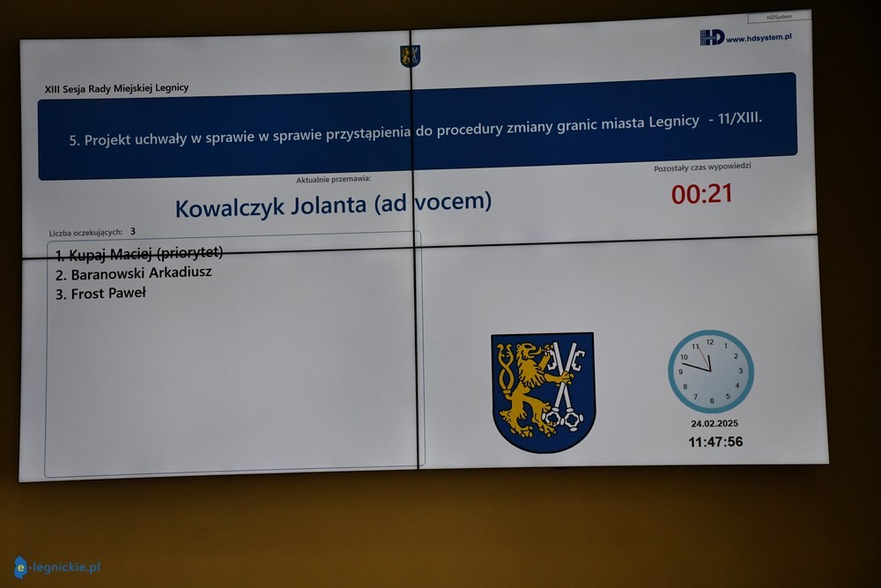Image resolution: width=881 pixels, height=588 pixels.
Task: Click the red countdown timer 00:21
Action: pos(702,194)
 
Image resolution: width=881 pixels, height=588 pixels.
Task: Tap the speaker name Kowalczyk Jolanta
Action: pos(270,206)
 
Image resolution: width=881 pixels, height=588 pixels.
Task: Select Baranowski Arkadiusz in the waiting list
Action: pos(134,274)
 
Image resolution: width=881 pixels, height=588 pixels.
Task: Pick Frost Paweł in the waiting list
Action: pos(100,294)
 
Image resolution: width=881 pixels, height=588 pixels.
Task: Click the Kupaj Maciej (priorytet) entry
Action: pos(139,254)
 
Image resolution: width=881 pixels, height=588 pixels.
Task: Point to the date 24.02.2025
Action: pos(714,423)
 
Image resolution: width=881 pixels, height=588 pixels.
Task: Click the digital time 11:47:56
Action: pos(715,442)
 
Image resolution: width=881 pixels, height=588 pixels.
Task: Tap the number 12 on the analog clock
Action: pos(710,342)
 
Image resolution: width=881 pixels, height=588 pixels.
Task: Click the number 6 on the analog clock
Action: pos(712,401)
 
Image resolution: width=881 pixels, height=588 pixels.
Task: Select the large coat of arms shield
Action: pos(543,391)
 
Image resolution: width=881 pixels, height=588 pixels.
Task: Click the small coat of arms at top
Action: pos(411,56)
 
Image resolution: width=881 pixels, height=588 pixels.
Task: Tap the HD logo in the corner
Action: pos(712,38)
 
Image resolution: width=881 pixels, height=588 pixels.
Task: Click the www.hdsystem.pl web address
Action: pos(759,38)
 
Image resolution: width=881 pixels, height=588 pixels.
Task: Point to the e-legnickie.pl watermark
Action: pos(56,567)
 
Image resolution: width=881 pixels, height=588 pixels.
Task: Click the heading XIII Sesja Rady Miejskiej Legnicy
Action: pos(117,88)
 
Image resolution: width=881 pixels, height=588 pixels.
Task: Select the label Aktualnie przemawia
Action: pos(334,179)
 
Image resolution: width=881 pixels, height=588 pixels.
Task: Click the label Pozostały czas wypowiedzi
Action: pos(702,167)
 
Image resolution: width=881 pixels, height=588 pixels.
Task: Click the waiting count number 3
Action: pos(133,231)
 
